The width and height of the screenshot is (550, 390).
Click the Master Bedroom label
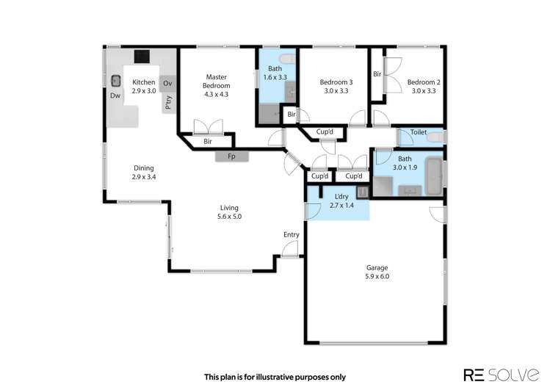coord(215,81)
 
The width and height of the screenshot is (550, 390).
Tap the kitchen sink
coord(116,81)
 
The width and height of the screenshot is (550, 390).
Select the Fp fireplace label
coord(231,156)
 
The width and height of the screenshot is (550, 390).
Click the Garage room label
coord(377,267)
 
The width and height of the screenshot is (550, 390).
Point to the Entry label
coord(292,235)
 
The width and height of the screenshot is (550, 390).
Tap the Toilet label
coord(419,132)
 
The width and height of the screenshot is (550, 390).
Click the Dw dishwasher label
coord(115,95)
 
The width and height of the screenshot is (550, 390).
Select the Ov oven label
coord(167,82)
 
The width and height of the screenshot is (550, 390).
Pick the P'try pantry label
coord(168,103)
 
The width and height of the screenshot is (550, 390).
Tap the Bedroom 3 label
coord(336,82)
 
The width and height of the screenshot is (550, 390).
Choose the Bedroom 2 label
coord(423,82)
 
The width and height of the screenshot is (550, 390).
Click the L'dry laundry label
coord(341,197)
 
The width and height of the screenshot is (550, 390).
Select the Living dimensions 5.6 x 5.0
coord(230,217)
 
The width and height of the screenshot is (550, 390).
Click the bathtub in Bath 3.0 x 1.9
coord(433,176)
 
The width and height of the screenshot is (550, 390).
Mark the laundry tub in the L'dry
coord(361,192)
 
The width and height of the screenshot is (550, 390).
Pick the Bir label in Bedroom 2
coord(377,73)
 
